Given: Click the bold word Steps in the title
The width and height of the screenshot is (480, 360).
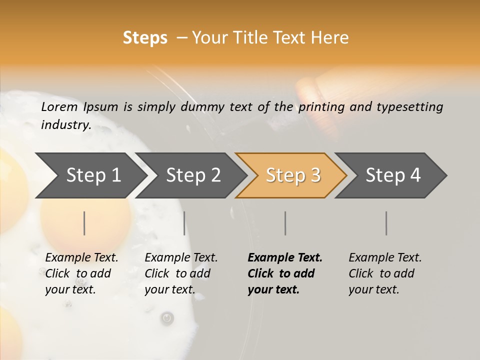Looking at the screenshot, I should pos(145,38).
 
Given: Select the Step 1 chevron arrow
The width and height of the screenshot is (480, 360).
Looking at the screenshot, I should pos(90,175).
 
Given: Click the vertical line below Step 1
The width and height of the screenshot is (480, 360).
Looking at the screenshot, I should pos(84,223).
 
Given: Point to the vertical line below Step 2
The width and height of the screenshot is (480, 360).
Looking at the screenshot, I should pos(184,223).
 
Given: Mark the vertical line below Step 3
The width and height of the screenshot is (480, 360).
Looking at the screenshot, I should pos(285,223).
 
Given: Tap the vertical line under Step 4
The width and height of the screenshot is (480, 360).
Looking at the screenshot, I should pos(386,223).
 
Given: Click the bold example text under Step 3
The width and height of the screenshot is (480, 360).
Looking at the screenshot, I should pos(285,273).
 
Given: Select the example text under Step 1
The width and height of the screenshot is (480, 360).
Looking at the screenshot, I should pos(81,273).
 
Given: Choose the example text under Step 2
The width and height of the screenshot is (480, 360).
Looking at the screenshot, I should pos(181,273).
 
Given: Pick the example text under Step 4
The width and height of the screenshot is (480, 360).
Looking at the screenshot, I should pos(385,273).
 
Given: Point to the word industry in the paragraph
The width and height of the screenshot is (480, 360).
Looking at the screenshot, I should pos(65,124).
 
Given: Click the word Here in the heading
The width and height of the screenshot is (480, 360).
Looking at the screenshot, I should pos(330,38).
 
